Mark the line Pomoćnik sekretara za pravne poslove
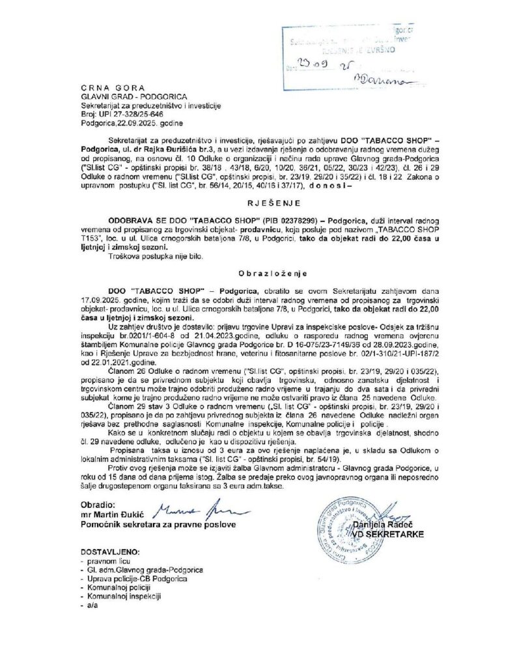(158, 524)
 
